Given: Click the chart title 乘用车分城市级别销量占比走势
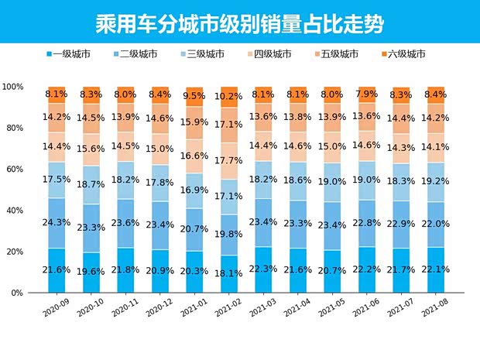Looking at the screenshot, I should [x=239, y=20].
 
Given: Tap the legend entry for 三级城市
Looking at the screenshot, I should [x=205, y=54].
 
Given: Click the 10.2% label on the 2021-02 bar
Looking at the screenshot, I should [x=230, y=97].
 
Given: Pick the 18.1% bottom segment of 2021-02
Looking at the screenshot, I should [x=230, y=273].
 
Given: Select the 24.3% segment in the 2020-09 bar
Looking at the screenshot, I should [x=57, y=222].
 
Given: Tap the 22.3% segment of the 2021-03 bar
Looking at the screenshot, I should [x=264, y=269].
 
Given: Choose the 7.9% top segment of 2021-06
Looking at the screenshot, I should [x=366, y=94].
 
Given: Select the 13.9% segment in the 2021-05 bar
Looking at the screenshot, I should [x=332, y=118].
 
